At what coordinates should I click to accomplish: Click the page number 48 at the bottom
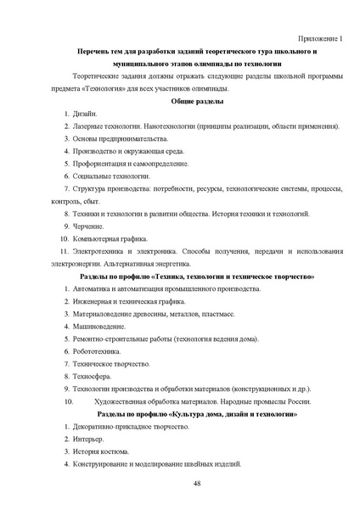[196, 483]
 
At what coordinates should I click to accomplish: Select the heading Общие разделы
[197, 101]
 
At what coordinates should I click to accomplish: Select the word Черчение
[89, 227]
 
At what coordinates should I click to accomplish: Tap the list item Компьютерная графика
[110, 238]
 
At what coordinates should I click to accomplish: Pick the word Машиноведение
[100, 326]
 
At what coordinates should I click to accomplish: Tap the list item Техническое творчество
[111, 363]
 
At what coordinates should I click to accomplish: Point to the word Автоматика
[95, 289]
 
